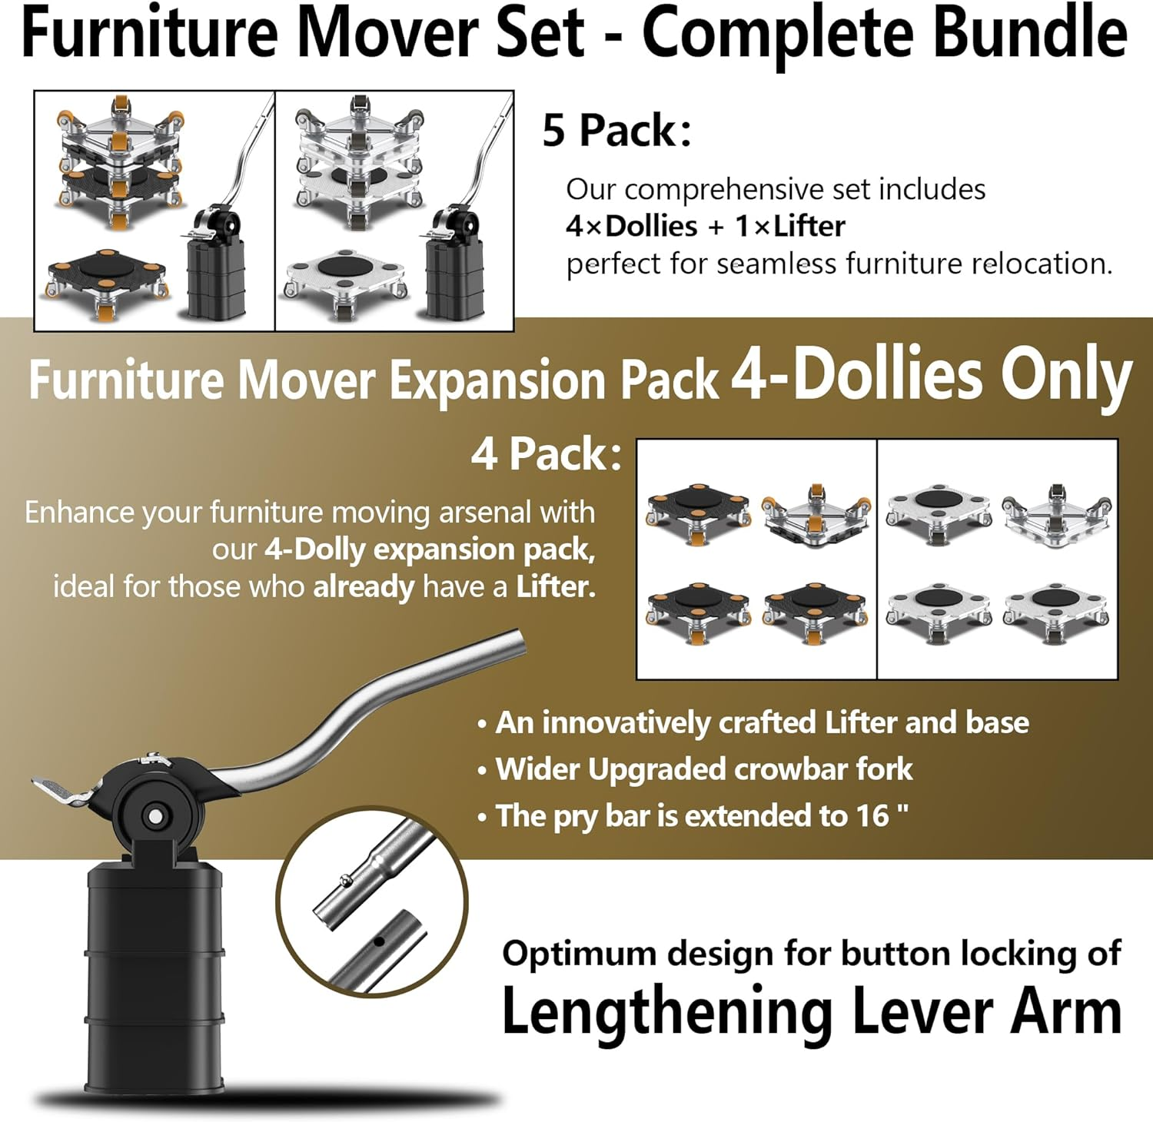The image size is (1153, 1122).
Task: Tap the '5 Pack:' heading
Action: pos(616,131)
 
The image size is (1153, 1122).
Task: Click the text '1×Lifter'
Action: pos(790,227)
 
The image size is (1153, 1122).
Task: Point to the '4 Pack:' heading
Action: pos(546,454)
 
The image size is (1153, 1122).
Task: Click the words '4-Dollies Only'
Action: pos(931,376)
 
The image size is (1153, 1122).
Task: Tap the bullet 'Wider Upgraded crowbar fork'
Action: pos(703,769)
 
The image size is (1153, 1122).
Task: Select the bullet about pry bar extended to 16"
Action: pos(701,816)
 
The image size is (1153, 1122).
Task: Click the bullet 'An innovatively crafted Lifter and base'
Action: pos(761,722)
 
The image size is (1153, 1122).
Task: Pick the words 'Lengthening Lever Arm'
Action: pos(811,1012)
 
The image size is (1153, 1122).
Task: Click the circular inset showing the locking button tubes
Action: pos(372,902)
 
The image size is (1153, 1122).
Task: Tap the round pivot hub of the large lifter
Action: pos(155,815)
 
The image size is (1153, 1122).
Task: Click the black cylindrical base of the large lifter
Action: pos(154,976)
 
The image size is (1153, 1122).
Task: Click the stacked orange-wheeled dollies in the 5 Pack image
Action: pos(119,161)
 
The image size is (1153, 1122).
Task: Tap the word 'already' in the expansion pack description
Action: pos(364,587)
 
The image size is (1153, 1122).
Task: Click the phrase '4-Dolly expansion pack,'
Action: pos(430,549)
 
